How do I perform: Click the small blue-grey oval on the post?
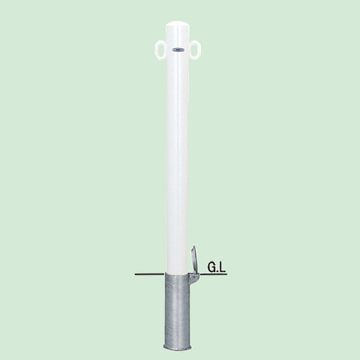(177, 50)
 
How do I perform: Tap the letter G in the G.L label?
(212, 268)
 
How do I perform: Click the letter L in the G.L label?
(222, 268)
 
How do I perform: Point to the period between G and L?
(217, 271)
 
